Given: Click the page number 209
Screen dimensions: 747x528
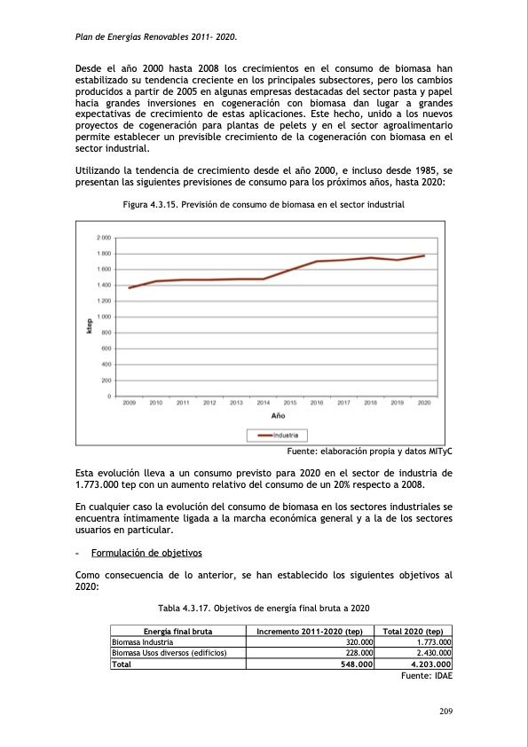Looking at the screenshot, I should [x=445, y=710].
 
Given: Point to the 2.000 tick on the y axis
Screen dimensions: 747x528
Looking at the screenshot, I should [x=104, y=238].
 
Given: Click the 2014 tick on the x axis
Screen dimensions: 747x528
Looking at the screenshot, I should [x=264, y=403].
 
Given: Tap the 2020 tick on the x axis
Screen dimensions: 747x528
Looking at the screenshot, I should [x=424, y=403].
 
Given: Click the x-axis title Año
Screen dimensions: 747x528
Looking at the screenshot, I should [x=277, y=415].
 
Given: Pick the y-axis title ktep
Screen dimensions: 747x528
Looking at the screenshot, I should [x=89, y=326].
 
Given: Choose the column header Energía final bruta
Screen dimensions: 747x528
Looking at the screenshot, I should [x=169, y=631].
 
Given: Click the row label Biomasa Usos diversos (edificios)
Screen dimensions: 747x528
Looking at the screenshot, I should [x=169, y=652].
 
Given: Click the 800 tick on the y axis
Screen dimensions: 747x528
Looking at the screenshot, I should [x=105, y=333].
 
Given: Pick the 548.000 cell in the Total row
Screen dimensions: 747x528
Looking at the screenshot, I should [x=356, y=664].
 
